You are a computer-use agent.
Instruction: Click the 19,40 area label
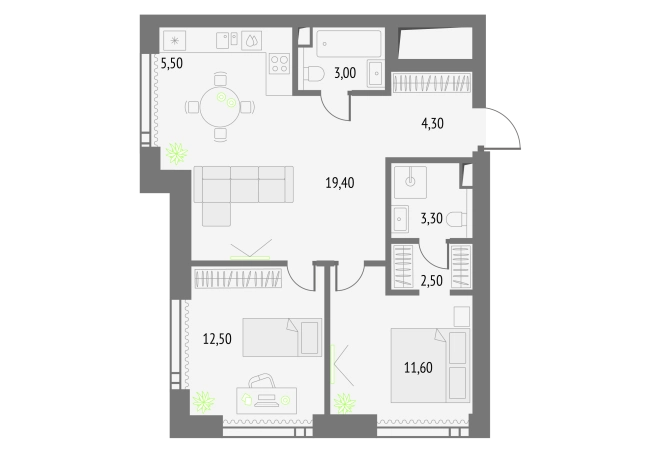(x=340, y=182)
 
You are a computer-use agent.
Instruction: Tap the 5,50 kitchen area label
(x=172, y=63)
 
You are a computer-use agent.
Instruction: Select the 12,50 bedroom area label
(x=217, y=339)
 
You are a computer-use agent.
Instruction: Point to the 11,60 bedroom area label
(x=418, y=367)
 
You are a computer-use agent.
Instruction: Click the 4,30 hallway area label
(x=432, y=123)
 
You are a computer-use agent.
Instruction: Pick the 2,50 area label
(x=431, y=281)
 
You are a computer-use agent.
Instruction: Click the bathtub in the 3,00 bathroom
(x=348, y=43)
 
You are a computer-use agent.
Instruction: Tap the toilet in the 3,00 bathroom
(x=314, y=75)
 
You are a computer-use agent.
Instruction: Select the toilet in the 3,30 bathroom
(x=457, y=219)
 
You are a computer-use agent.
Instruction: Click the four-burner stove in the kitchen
(x=279, y=64)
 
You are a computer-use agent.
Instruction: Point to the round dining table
(x=220, y=107)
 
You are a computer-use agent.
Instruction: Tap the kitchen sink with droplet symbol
(x=251, y=41)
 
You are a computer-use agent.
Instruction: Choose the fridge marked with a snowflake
(x=175, y=41)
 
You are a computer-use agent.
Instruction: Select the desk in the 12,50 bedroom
(x=267, y=400)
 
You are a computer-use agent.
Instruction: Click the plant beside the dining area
(x=177, y=153)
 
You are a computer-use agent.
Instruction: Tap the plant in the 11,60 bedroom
(x=345, y=403)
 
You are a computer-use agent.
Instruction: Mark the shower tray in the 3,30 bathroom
(x=410, y=182)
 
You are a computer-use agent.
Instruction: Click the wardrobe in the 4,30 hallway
(x=432, y=82)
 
